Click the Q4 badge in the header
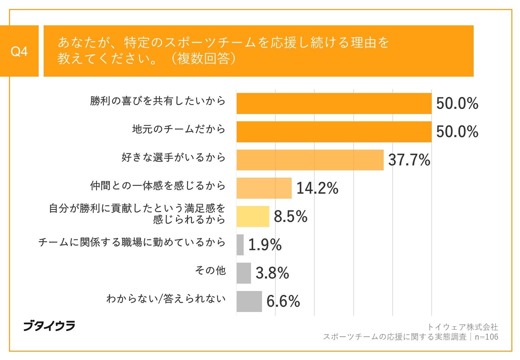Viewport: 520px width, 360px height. (x=19, y=51)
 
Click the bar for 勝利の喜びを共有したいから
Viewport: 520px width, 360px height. (x=334, y=104)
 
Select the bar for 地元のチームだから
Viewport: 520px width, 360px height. (x=334, y=132)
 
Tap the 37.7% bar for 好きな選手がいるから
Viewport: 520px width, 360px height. (x=310, y=160)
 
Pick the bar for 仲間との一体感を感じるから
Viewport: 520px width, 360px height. (x=264, y=188)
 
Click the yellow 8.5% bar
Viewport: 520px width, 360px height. (x=253, y=217)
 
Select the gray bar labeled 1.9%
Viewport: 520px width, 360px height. (x=240, y=245)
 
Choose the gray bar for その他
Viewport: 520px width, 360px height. (x=244, y=273)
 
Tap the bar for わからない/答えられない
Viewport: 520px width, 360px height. (x=249, y=301)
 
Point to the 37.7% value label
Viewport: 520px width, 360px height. (x=409, y=160)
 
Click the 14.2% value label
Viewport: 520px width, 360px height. (x=317, y=188)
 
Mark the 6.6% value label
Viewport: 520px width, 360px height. (x=283, y=302)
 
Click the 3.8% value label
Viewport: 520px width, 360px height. (x=272, y=273)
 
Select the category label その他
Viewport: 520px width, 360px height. (x=210, y=270)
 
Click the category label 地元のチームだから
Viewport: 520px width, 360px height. (x=179, y=129)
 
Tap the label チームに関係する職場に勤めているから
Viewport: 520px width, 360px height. (x=132, y=242)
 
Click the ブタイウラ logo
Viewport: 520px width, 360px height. (x=49, y=326)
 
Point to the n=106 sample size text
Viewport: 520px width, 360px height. (x=486, y=337)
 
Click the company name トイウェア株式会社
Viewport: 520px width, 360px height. (x=462, y=327)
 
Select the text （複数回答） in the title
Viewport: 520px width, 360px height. (x=203, y=59)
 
